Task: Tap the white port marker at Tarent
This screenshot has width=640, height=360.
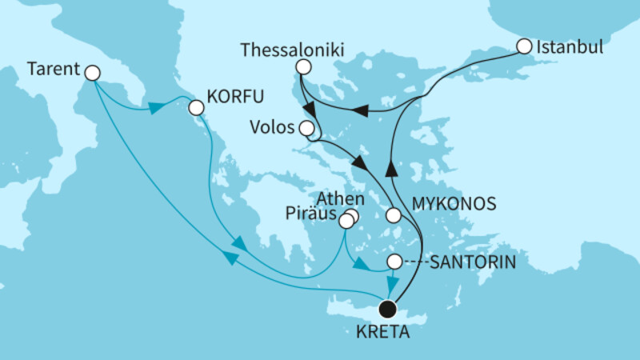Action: tap(91, 73)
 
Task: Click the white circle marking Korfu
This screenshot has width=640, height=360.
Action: tap(195, 106)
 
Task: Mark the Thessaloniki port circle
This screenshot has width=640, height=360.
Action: tap(302, 67)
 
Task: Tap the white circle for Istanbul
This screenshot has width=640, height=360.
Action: tap(524, 46)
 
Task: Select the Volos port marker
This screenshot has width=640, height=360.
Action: tap(306, 128)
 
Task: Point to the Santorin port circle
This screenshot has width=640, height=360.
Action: tap(394, 262)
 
